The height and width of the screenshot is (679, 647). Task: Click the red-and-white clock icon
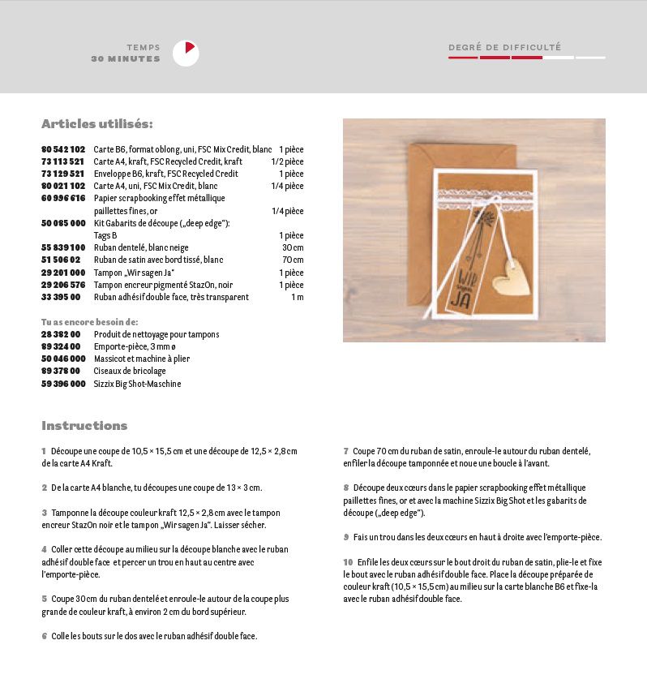coord(186,54)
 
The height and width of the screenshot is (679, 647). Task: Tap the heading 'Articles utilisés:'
coord(96,124)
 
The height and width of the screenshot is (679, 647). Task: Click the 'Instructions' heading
coord(84,426)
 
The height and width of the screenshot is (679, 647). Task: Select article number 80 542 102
coord(63,149)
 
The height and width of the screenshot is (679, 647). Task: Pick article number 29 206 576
coord(63,285)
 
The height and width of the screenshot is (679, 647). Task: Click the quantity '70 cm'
coord(293,260)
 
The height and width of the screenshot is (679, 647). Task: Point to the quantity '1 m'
coord(297,297)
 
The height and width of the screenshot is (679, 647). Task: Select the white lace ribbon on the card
coord(482,196)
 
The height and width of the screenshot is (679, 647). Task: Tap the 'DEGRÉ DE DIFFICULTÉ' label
coord(504,48)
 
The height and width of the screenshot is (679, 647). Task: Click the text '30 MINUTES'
coord(126,59)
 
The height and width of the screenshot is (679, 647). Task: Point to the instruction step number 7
coord(345,450)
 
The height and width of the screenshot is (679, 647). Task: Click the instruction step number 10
coord(347,561)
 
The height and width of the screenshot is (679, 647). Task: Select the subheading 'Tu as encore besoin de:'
coord(89,322)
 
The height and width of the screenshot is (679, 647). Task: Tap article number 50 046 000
coord(63,359)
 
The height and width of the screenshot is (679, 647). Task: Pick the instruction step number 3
coord(44,513)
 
